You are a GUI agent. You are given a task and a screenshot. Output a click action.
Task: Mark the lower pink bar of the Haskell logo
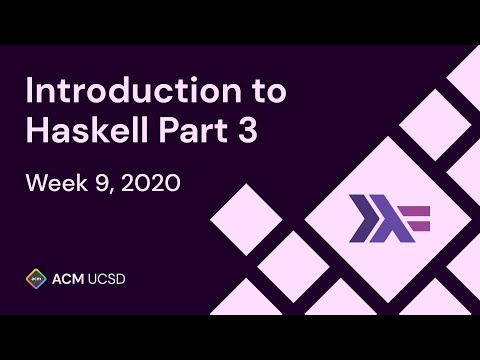[x=419, y=223]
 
